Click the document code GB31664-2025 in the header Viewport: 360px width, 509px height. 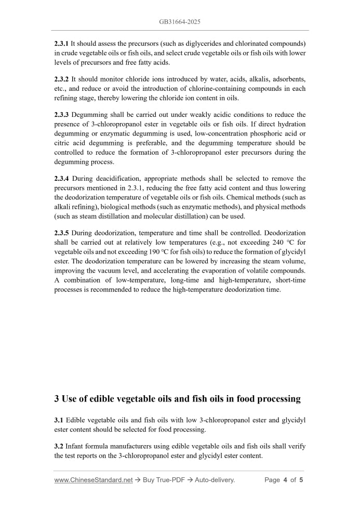[x=180, y=22]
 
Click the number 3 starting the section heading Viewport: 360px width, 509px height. [x=57, y=399]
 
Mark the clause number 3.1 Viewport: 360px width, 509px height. [x=59, y=420]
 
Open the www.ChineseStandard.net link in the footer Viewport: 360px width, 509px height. [x=94, y=480]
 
